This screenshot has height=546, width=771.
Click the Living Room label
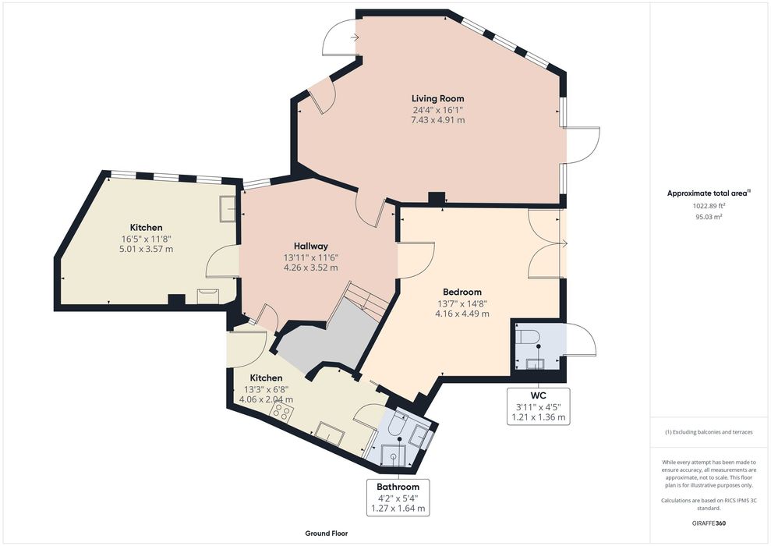tap(437, 98)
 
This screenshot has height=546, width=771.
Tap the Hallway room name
tap(311, 246)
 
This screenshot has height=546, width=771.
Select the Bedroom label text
tap(462, 292)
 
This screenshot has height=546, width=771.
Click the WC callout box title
tap(539, 395)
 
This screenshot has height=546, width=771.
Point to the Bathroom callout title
tap(398, 487)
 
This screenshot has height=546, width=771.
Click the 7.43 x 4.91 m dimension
tap(437, 120)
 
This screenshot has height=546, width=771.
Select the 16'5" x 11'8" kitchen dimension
tap(146, 239)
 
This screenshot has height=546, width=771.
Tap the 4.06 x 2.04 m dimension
tap(266, 399)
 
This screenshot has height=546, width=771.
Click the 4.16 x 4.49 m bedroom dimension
tap(462, 314)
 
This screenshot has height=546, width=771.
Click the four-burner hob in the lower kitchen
tap(281, 412)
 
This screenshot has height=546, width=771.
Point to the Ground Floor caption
tap(327, 534)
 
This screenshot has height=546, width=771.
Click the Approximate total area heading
tap(708, 193)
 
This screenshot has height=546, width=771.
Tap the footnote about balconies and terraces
tap(709, 432)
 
